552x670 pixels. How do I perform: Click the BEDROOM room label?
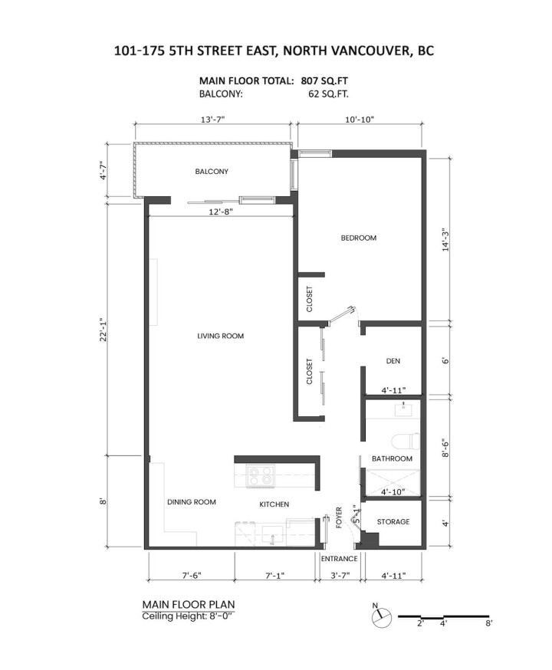(359, 238)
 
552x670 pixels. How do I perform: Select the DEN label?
(393, 360)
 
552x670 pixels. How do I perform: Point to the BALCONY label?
(212, 172)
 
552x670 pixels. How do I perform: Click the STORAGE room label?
(393, 522)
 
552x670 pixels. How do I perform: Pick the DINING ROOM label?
(191, 502)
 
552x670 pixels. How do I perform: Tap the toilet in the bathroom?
(406, 442)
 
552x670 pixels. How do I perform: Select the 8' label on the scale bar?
(488, 625)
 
